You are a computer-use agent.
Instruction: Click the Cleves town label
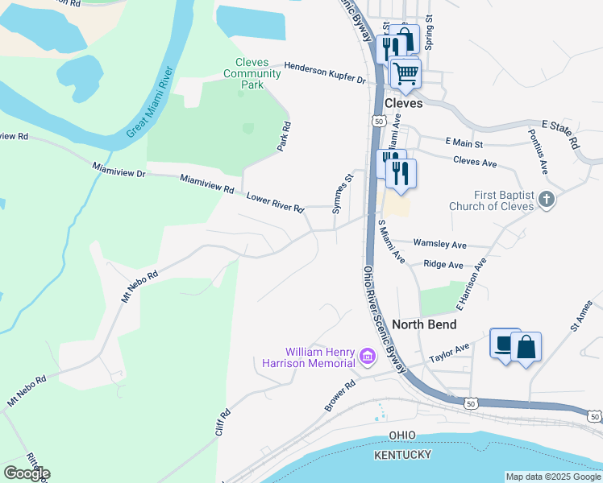[x=403, y=104]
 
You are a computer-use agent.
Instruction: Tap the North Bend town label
[x=424, y=324]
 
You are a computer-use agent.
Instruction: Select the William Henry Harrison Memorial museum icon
[x=368, y=356]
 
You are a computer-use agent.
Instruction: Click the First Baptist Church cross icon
[x=547, y=199]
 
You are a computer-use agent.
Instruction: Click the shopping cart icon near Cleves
[x=405, y=73]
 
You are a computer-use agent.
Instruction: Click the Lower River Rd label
[x=275, y=202]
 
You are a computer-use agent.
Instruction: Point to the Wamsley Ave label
[x=439, y=243]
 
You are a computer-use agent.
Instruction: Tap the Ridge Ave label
[x=443, y=264]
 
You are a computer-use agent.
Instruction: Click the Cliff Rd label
[x=223, y=423]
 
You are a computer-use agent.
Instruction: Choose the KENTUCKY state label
[x=402, y=456]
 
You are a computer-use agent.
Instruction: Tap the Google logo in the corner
[x=27, y=473]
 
